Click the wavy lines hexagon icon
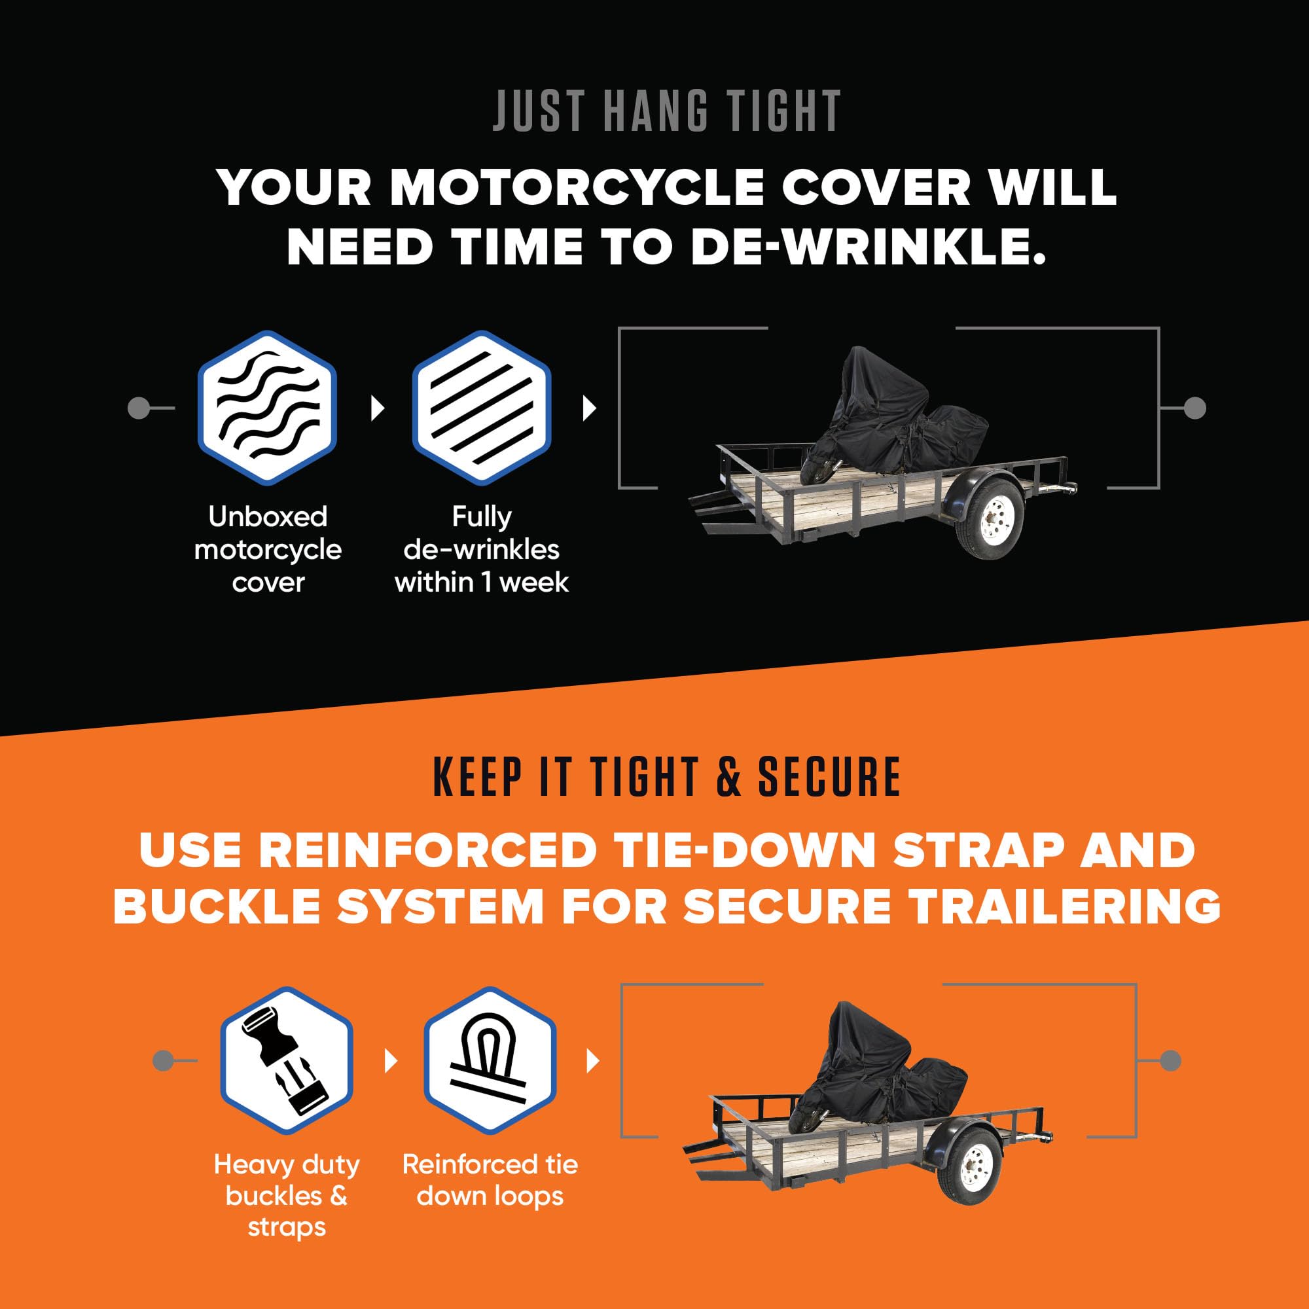(268, 408)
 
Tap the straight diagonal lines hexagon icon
(482, 408)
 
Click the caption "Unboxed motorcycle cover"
(268, 550)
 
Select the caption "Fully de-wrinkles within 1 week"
(482, 550)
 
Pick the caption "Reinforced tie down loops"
(490, 1179)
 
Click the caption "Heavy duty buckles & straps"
(287, 1195)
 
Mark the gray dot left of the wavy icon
(137, 408)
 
